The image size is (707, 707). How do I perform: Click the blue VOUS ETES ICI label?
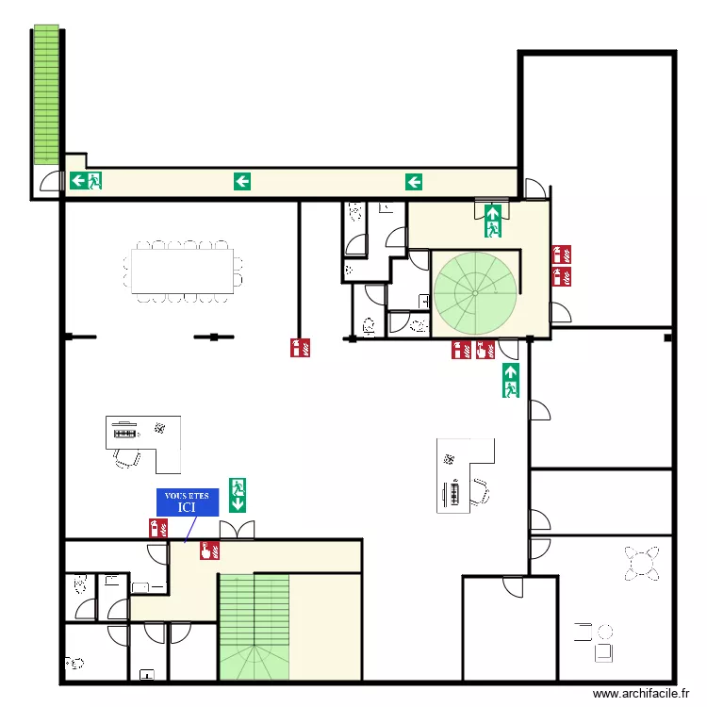(187, 501)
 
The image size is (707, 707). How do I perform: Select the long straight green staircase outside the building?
(45, 94)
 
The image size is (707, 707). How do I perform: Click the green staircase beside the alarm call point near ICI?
(254, 626)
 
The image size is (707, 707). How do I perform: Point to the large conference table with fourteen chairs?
(183, 269)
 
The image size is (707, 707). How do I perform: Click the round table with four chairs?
(641, 563)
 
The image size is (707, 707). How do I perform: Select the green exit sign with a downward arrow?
(238, 495)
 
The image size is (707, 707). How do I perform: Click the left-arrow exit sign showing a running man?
(85, 181)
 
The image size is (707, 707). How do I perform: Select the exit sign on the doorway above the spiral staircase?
(492, 220)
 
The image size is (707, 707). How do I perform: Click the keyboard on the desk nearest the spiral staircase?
(455, 492)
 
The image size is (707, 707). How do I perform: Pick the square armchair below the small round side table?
(603, 649)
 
